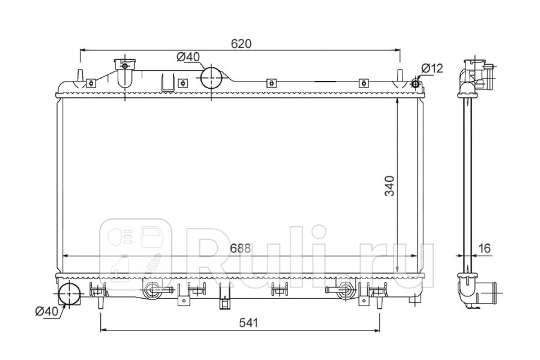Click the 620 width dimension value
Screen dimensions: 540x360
(241, 44)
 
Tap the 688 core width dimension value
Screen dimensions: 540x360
(240, 248)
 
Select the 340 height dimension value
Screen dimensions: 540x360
(389, 186)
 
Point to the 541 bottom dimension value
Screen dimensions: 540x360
(248, 323)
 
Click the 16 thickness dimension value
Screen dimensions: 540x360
(484, 248)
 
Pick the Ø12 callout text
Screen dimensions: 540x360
(432, 68)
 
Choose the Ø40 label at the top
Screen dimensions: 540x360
(188, 57)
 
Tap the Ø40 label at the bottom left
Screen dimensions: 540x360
(47, 311)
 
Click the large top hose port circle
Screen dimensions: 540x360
(211, 78)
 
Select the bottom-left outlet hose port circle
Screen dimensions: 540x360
(69, 294)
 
